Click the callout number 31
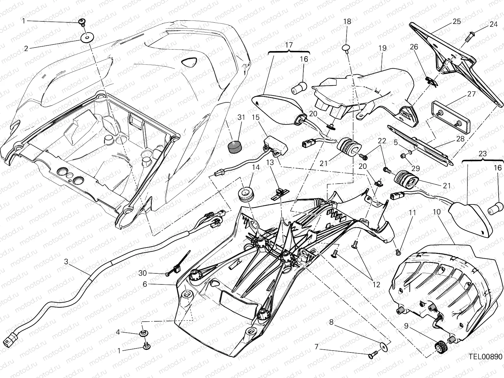pyautogui.click(x=241, y=117)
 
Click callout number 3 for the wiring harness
pyautogui.click(x=66, y=261)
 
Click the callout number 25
pyautogui.click(x=457, y=21)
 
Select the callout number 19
pyautogui.click(x=383, y=48)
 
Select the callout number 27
pyautogui.click(x=471, y=94)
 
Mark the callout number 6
pyautogui.click(x=145, y=284)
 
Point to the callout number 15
pyautogui.click(x=255, y=117)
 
